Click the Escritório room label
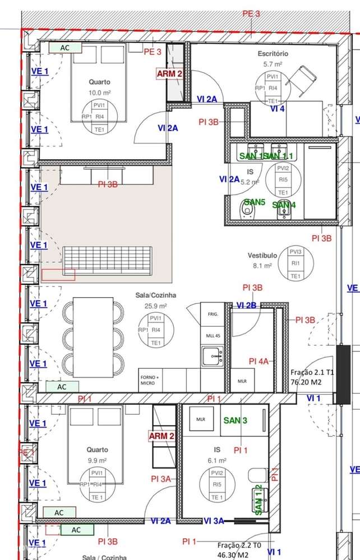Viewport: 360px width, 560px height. tap(273, 54)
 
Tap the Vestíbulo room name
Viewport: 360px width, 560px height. tap(262, 256)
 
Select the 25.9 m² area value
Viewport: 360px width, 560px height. tap(156, 306)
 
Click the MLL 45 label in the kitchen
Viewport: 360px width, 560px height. tap(212, 335)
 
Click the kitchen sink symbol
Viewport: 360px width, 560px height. tap(213, 354)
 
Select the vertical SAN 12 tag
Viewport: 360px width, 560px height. tap(259, 500)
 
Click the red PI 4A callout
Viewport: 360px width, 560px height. tap(260, 362)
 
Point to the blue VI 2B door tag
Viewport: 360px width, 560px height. tap(247, 306)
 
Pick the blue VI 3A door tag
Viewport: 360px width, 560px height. tap(214, 521)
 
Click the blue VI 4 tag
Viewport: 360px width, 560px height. tap(277, 109)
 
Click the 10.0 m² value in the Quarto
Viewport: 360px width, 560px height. tap(99, 92)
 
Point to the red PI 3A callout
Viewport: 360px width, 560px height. tap(161, 479)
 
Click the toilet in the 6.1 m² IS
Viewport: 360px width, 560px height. tap(256, 475)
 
